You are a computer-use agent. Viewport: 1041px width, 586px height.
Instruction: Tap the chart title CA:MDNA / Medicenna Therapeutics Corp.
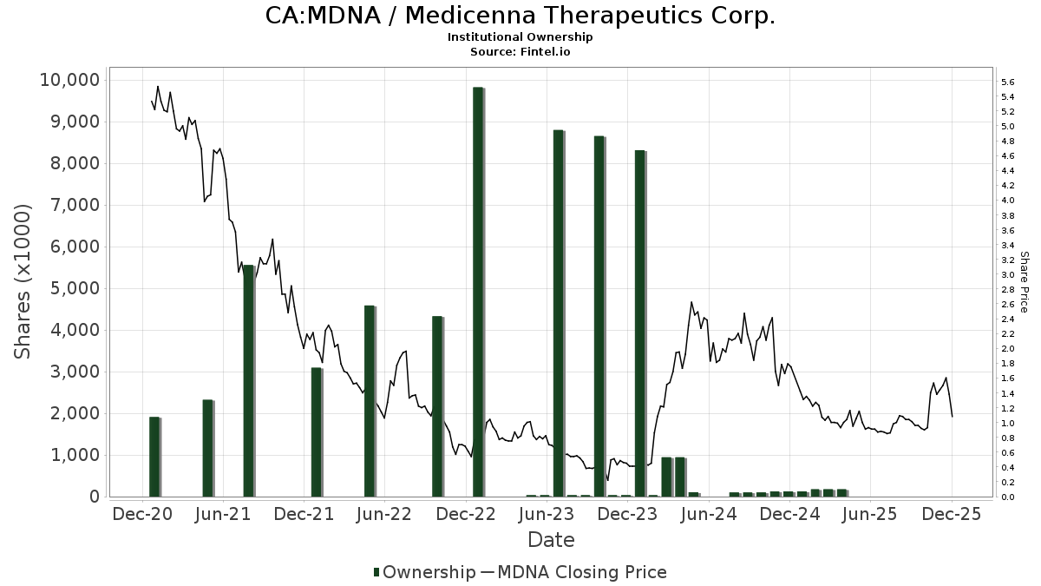520,16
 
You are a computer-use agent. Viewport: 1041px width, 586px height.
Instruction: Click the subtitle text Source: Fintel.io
520,52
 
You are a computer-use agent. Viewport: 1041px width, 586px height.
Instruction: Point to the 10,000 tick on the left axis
69,80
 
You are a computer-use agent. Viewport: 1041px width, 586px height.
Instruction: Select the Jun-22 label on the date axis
383,514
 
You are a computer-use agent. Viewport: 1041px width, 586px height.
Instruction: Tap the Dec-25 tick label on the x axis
952,514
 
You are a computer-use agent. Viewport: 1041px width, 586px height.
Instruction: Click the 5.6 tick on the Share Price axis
1008,82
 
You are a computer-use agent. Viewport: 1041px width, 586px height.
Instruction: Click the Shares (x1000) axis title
23,281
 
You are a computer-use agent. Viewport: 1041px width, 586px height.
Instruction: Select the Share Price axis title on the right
1025,281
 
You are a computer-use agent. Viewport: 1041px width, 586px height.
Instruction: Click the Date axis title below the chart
552,540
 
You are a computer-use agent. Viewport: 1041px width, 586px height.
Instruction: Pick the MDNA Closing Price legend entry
573,572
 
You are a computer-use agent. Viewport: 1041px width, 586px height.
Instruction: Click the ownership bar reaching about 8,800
559,313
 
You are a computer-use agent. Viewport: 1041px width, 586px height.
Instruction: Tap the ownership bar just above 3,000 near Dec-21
317,432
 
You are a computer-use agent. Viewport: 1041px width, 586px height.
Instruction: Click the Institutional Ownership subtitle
520,37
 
